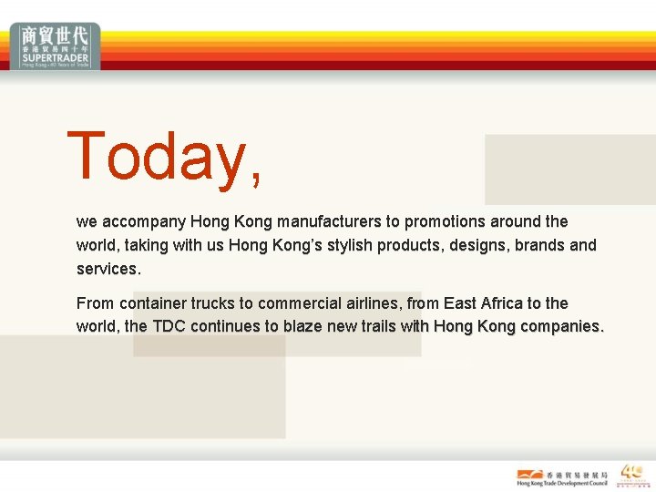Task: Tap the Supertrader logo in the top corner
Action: [56, 46]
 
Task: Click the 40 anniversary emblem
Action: [631, 476]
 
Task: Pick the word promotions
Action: [445, 221]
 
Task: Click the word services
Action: [108, 269]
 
